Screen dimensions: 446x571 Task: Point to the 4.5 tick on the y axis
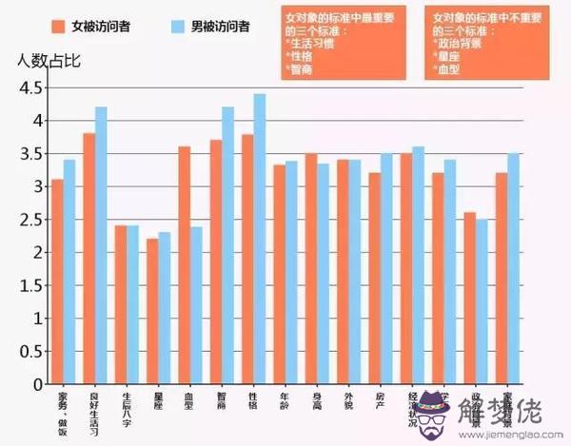coord(30,87)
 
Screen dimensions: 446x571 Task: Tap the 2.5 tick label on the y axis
coord(30,220)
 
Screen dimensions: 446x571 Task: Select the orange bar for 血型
coord(185,265)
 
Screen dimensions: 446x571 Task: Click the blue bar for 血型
coord(197,304)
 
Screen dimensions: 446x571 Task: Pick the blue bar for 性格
coord(260,239)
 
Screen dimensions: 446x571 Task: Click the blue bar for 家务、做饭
coord(69,272)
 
